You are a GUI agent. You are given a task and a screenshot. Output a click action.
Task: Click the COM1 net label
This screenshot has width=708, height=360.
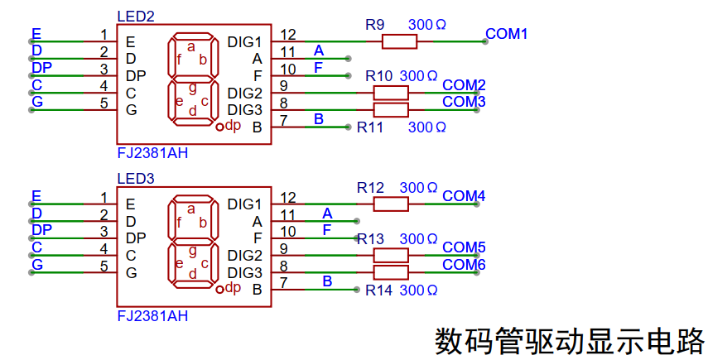point(506,34)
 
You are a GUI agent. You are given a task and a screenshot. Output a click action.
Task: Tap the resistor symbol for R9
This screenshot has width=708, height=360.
point(399,42)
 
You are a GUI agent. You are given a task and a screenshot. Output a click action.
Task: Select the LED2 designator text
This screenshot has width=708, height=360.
point(136,17)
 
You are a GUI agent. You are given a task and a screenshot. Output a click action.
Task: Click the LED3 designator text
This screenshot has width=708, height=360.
point(136,179)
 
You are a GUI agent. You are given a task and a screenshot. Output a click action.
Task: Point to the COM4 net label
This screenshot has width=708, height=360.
point(464,196)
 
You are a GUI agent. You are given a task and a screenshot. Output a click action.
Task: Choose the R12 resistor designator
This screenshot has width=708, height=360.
point(370,188)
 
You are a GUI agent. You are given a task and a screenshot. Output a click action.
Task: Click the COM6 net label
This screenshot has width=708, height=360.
point(464,264)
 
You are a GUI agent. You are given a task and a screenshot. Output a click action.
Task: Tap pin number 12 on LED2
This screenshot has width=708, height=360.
point(287,34)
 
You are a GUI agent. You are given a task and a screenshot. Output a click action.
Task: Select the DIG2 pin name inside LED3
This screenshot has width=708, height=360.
point(245,256)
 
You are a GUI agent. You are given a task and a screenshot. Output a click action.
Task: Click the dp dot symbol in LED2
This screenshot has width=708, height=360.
point(220,127)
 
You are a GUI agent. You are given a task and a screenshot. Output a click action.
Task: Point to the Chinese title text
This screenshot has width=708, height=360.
point(569,342)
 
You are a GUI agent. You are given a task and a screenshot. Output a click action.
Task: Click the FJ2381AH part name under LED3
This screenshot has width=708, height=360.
point(152,316)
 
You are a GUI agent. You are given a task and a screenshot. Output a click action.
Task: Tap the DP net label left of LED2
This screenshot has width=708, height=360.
point(41,68)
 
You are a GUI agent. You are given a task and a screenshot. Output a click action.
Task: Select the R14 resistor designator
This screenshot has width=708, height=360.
point(378,290)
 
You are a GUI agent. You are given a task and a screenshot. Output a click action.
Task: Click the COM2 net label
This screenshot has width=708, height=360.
point(464,85)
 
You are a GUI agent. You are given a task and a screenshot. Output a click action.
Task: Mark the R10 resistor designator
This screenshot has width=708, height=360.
point(378,77)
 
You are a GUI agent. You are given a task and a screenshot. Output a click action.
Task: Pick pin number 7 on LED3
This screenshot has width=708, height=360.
point(283,283)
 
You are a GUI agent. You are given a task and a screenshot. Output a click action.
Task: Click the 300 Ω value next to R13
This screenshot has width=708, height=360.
point(418,239)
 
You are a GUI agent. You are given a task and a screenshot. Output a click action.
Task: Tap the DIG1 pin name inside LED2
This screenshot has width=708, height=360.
point(245,42)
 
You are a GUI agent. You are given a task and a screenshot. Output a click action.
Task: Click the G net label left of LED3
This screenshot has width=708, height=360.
point(37,264)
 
